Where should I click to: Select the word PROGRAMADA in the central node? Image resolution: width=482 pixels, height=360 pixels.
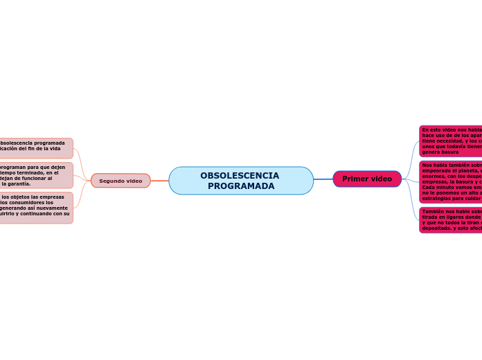tap(241, 186)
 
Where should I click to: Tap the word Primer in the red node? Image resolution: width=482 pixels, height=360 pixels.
tap(355, 179)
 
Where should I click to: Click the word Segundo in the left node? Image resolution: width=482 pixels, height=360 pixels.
tap(111, 181)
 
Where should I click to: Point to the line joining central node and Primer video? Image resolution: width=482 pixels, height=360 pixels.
tap(323, 179)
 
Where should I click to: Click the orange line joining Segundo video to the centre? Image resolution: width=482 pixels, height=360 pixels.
tap(159, 181)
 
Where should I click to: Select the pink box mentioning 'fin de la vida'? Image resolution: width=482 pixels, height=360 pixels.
tap(35, 148)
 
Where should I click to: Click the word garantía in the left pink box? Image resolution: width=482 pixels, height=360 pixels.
tap(17, 184)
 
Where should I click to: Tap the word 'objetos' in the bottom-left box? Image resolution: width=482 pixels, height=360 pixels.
tap(28, 197)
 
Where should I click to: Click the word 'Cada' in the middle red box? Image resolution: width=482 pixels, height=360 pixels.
tap(429, 188)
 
